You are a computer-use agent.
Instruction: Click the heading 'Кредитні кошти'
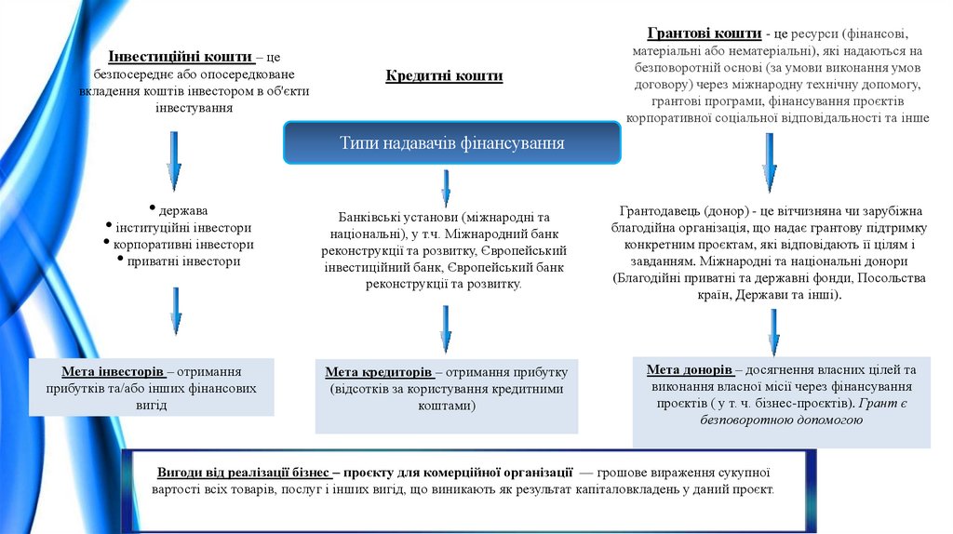tap(444, 76)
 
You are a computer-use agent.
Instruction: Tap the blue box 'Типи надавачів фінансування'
tap(451, 143)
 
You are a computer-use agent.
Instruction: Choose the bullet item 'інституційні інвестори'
tap(183, 227)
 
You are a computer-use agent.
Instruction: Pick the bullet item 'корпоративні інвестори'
tap(183, 244)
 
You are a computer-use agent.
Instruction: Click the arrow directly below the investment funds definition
tap(174, 160)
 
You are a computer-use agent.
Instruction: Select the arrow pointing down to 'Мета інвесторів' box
tap(175, 310)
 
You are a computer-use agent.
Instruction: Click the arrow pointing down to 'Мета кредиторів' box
tap(446, 328)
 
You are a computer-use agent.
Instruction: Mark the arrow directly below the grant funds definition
tap(770, 161)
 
